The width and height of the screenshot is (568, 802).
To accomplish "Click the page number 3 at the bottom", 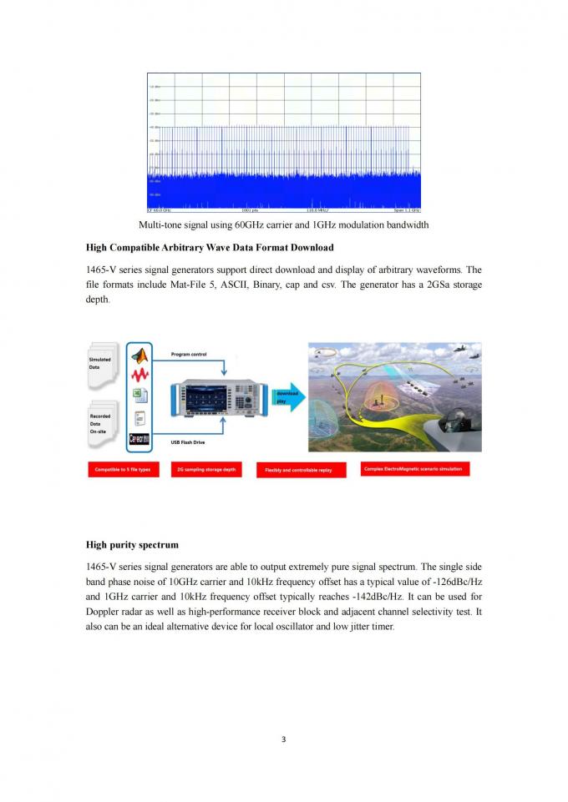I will point(284,739).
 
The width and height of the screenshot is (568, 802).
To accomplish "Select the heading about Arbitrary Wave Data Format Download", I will point(210,248).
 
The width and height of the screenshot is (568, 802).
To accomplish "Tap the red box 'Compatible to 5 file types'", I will point(123,470).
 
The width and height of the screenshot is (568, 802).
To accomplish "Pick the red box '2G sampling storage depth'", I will point(207,470).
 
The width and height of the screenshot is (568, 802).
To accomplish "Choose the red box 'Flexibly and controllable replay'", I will point(298,471).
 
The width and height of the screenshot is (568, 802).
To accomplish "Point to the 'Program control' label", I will point(188,355).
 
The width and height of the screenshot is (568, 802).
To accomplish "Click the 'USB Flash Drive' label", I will point(188,441).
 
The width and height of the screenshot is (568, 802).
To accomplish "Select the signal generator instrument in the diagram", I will point(221,398).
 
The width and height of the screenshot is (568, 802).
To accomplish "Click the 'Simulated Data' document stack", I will point(104,368).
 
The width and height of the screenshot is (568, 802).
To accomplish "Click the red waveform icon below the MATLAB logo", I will point(140,377).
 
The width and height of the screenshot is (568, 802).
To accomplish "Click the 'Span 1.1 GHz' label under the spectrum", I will point(406,210).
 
